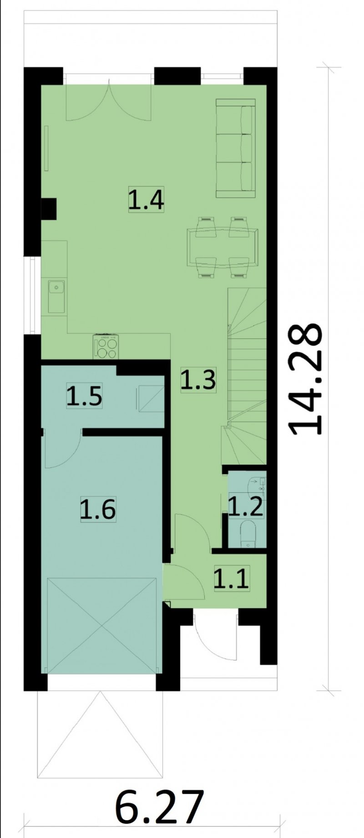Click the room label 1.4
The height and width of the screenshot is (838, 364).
[146, 200]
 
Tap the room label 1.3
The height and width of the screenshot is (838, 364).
[197, 380]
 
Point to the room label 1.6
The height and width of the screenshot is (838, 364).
[98, 509]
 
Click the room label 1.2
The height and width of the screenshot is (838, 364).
[246, 507]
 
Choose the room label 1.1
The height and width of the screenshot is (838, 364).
[231, 579]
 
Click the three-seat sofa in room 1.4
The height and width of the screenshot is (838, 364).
[235, 148]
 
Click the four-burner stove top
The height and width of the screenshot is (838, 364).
[106, 347]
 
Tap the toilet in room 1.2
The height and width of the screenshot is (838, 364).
[248, 534]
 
